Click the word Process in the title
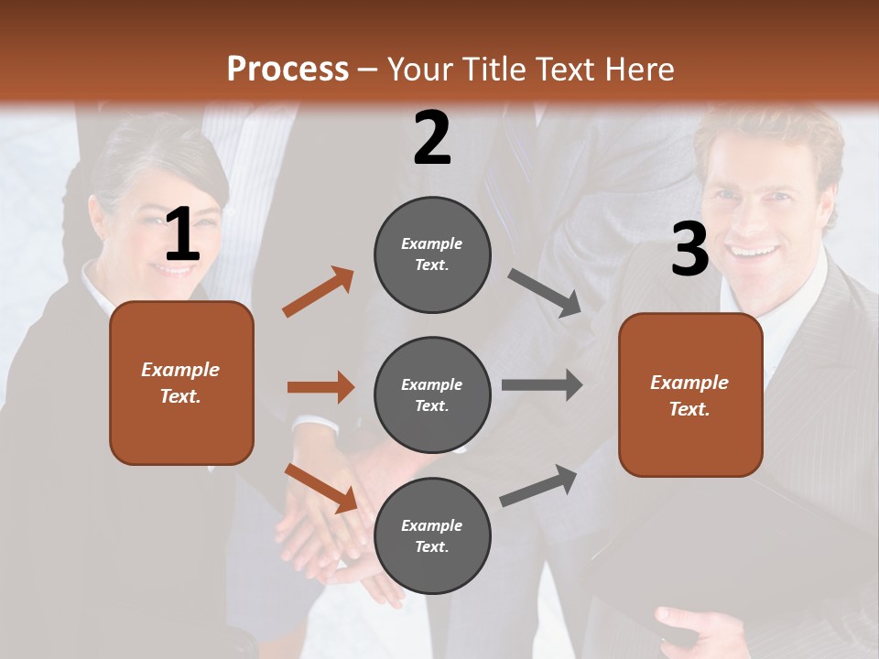288,70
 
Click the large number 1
182,234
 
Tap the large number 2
432,138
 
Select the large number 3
689,250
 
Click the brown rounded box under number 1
181,383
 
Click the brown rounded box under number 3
690,394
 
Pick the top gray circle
432,254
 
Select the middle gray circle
432,394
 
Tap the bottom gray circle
432,535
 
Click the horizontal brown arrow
320,387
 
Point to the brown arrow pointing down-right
321,488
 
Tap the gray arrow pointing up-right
539,485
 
